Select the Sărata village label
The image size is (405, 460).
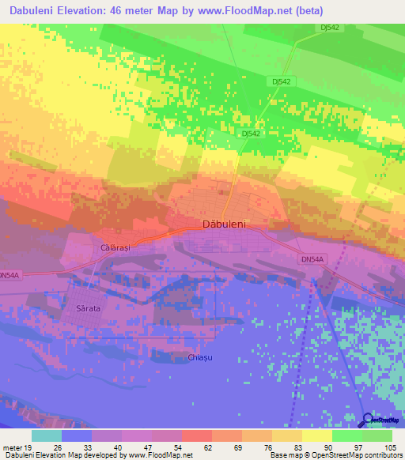point(87,308)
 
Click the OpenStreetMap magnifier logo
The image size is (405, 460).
point(366,420)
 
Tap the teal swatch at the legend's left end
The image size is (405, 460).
point(46,435)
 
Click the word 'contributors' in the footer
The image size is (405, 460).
point(382,455)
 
